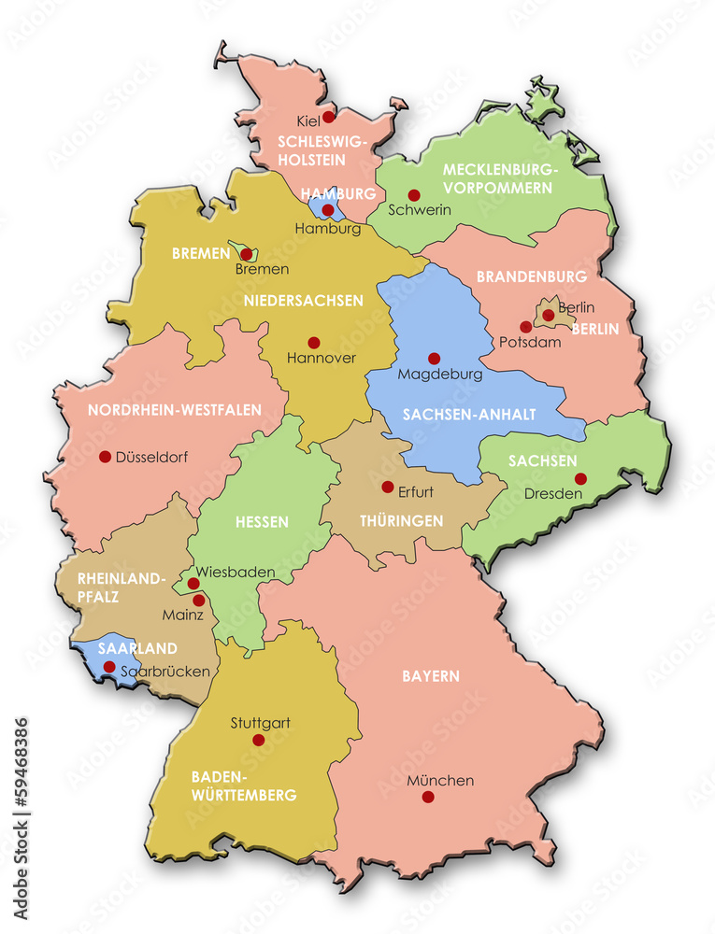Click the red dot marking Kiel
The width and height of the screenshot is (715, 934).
pos(329,118)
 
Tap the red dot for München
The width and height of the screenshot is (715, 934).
pos(428,797)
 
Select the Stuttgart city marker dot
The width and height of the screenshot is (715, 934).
pos(259,740)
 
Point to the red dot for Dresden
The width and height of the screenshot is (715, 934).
pos(580,478)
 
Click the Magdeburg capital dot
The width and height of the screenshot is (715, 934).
pos(434,358)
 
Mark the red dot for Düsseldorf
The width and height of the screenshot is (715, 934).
pos(105,457)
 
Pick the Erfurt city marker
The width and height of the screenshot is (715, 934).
pos(387,487)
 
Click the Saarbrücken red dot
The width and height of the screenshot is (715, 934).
pos(109,667)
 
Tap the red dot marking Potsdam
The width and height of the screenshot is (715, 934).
pos(526,327)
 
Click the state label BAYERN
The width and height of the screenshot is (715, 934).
pos(431,675)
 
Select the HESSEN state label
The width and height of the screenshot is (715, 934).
pos(262,522)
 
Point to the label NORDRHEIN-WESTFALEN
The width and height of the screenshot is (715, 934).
pos(175,410)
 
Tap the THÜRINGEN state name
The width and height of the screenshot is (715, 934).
pos(401,521)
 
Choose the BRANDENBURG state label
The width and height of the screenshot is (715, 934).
pos(532,276)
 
